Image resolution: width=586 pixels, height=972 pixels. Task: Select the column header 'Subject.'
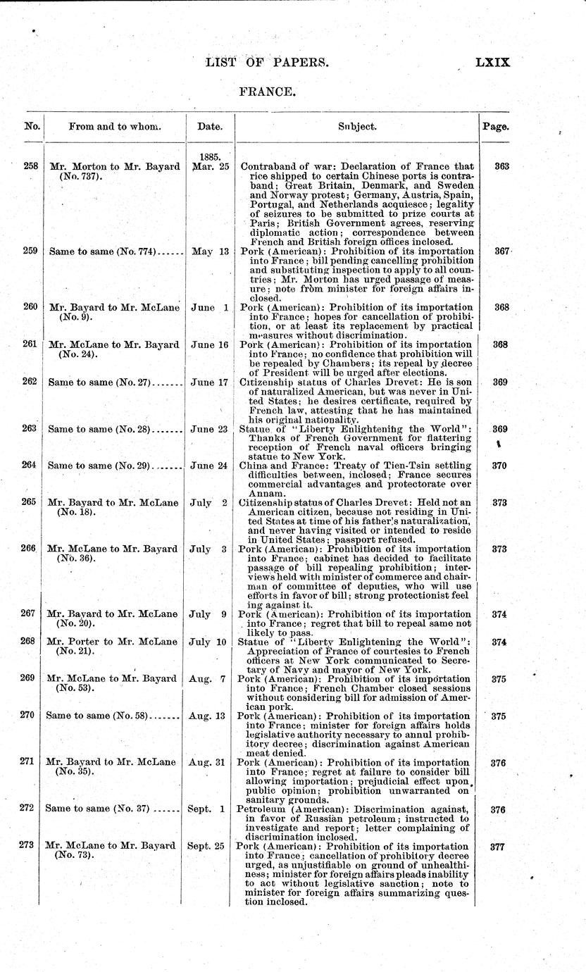point(356,127)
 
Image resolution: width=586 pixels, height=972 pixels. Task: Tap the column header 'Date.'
point(209,127)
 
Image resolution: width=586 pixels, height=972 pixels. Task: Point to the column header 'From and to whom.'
point(114,127)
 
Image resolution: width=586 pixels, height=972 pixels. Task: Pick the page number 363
point(502,167)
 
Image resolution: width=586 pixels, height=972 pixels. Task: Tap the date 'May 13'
point(210,251)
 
